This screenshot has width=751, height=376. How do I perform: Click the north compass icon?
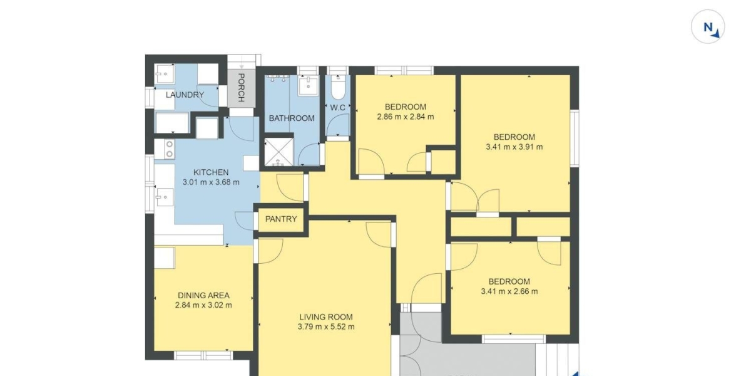(x=708, y=26)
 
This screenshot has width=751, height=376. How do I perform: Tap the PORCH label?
(x=241, y=88)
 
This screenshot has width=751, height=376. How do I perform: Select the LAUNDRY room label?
(x=185, y=95)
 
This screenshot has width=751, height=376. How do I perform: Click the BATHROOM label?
(x=292, y=118)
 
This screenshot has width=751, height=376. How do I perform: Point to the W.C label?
(x=337, y=108)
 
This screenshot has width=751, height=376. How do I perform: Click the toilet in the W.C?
(x=338, y=87)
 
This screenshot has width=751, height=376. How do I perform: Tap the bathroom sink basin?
(x=308, y=86)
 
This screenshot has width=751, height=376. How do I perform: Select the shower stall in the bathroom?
(x=278, y=152)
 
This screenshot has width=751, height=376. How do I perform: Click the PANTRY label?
(x=281, y=219)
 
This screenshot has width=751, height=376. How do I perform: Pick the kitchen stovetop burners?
(x=170, y=149)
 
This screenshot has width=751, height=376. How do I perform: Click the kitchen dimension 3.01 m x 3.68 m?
(x=212, y=182)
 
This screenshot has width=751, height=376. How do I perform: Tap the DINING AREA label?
(x=203, y=295)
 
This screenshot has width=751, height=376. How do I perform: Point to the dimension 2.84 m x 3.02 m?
(x=203, y=305)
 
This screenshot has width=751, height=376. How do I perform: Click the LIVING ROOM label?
(x=326, y=317)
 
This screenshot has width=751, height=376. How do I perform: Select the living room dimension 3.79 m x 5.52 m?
(x=326, y=326)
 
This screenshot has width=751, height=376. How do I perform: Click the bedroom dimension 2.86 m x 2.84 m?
(x=406, y=117)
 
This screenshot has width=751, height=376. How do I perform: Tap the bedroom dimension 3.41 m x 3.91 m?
(x=514, y=147)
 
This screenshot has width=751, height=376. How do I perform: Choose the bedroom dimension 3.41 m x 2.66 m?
(x=509, y=291)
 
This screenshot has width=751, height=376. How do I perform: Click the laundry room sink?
(x=165, y=73)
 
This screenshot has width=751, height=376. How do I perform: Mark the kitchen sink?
(x=165, y=197)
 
